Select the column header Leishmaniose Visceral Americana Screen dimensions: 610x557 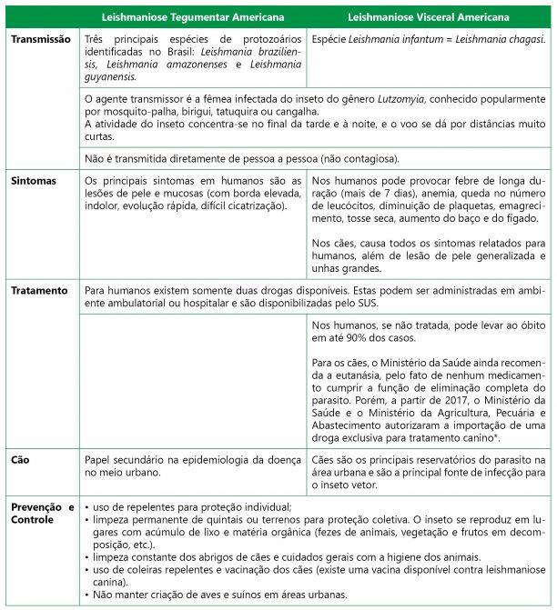point(430,17)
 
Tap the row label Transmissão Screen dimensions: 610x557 point(41,40)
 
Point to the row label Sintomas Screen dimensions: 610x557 point(34,181)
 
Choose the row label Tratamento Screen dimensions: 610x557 point(39,291)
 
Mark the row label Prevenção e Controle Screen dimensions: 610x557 point(41,513)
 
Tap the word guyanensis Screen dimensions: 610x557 point(110,76)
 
